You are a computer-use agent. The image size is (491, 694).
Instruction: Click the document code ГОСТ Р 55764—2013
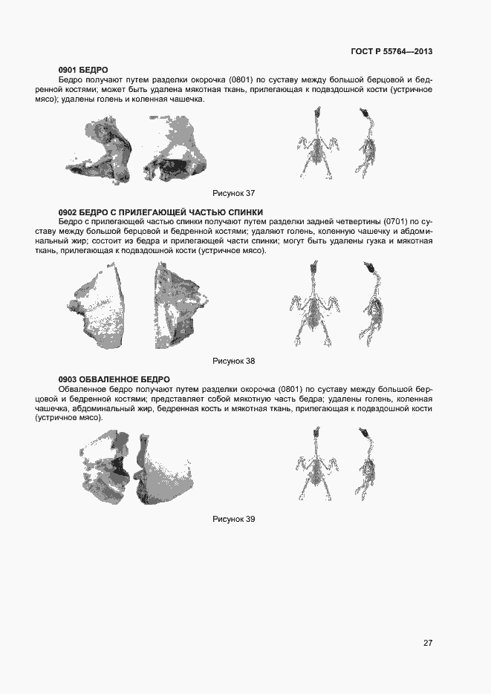coord(391,51)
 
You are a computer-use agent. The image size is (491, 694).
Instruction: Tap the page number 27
coord(428,643)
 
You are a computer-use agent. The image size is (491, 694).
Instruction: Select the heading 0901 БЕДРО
coord(83,70)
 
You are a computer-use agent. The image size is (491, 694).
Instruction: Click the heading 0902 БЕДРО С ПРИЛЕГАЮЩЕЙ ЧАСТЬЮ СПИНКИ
coord(160,212)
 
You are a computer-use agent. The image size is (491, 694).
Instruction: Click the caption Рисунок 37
coord(233,193)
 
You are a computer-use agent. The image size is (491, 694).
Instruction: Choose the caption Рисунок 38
coord(233,361)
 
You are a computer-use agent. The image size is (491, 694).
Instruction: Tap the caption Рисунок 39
coord(233,519)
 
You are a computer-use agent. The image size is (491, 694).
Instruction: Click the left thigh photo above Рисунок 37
coord(105,151)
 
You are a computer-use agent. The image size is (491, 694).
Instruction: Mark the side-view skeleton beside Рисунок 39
coord(368,463)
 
